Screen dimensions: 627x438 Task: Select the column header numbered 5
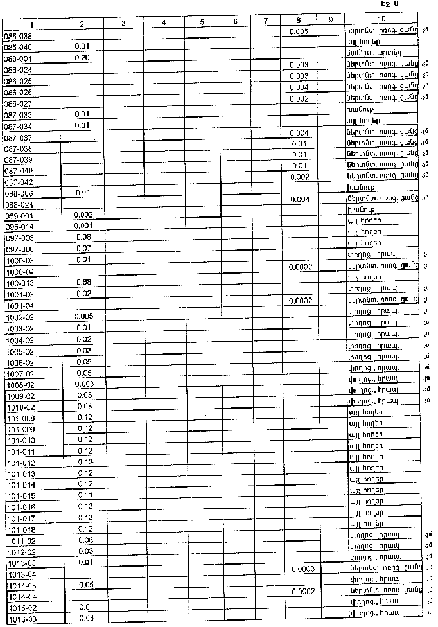click(202, 22)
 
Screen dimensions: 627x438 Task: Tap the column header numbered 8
click(299, 21)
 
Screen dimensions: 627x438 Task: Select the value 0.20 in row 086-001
click(82, 58)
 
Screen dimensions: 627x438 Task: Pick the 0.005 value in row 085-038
click(299, 31)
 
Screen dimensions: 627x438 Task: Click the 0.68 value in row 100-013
click(83, 282)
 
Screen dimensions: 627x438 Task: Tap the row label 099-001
click(19, 216)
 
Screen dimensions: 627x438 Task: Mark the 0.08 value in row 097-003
click(83, 237)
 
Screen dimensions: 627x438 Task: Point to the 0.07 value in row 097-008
click(83, 248)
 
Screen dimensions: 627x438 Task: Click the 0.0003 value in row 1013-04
click(302, 569)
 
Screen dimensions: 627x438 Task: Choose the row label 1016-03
click(22, 619)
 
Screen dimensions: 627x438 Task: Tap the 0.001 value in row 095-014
click(83, 226)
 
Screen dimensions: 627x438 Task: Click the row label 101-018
click(21, 529)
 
